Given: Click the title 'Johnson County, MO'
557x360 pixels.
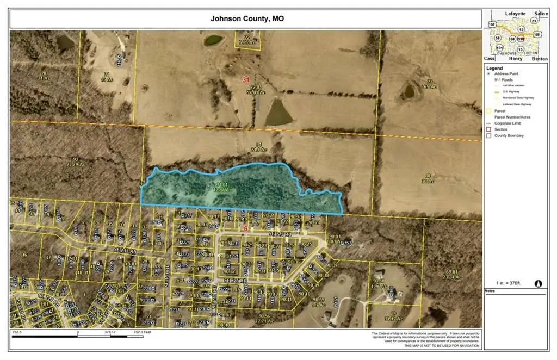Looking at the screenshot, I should pyautogui.click(x=247, y=18).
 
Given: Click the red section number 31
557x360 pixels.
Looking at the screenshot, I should pyautogui.click(x=246, y=79).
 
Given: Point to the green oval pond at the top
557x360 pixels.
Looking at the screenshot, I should pyautogui.click(x=213, y=40).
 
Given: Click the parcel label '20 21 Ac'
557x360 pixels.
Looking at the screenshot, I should pyautogui.click(x=44, y=75).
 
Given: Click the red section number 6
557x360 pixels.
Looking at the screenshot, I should pyautogui.click(x=246, y=229).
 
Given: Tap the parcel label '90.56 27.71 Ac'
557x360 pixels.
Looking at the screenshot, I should pyautogui.click(x=264, y=318).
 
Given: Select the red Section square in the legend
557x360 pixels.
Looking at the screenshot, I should pyautogui.click(x=489, y=129).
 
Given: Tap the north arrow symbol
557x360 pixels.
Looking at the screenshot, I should pyautogui.click(x=539, y=283).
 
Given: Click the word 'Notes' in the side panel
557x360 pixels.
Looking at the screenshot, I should pyautogui.click(x=491, y=291).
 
